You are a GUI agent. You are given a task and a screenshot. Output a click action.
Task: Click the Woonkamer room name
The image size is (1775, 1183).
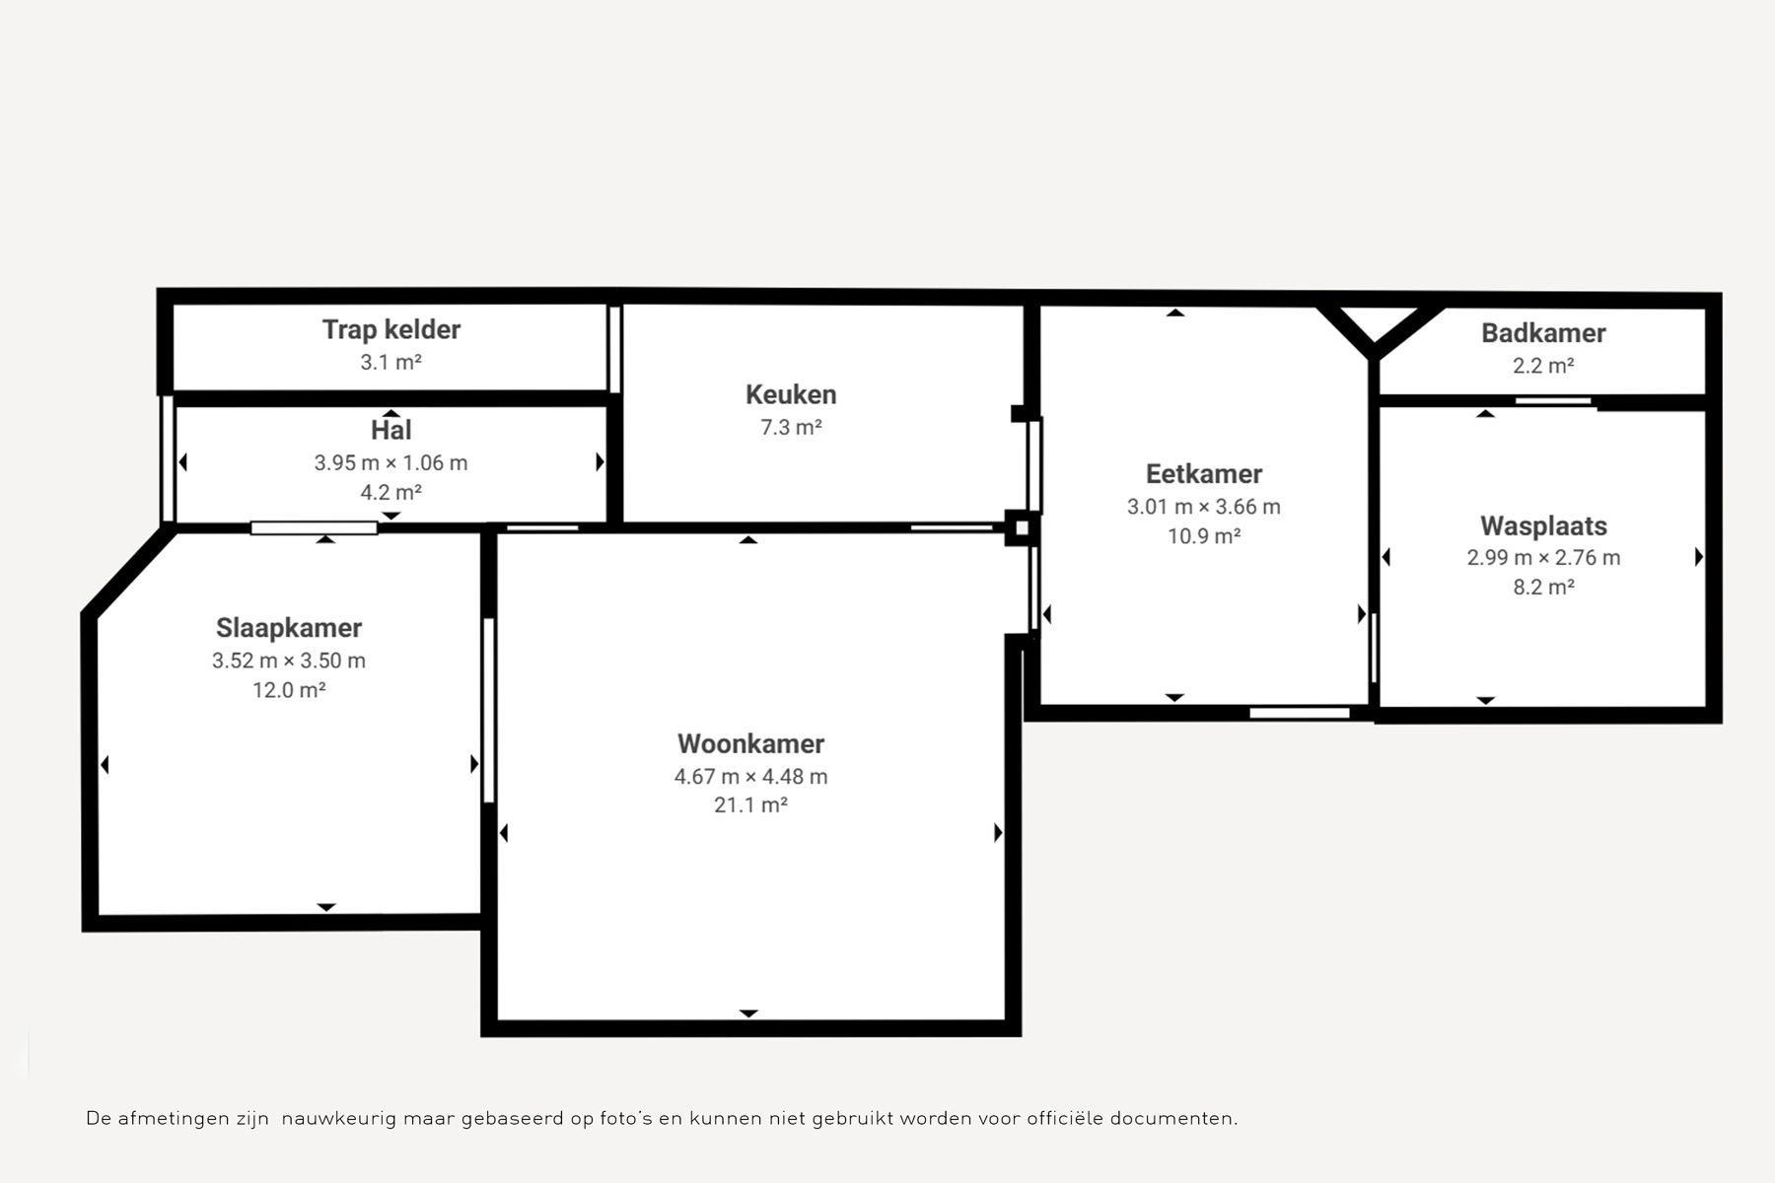coord(750,743)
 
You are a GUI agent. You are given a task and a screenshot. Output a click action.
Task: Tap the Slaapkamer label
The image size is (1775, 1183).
coord(289,628)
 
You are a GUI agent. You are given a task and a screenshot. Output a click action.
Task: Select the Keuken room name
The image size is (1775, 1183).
coord(791,394)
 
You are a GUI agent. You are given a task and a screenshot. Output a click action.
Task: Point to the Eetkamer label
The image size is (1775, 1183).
coord(1204,474)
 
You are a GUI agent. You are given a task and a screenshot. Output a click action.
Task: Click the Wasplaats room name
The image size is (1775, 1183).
coord(1543,526)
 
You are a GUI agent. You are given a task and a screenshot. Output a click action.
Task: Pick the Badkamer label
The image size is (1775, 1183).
coord(1543,333)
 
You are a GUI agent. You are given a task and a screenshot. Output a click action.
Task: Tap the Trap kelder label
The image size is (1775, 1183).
coord(391,329)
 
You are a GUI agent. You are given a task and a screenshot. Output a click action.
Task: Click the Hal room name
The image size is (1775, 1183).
coord(391,430)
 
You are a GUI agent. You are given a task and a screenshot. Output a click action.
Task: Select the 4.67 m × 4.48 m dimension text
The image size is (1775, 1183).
coord(750,777)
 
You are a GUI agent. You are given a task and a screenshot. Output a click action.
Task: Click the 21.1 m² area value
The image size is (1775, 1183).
coord(750,805)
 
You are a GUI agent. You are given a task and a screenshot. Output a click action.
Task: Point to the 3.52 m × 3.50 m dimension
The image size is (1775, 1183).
coord(289,661)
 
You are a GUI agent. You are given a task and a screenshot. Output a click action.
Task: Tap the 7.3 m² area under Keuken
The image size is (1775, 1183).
coord(791,427)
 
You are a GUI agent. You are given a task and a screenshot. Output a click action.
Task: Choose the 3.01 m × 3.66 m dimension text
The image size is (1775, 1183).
coord(1204,507)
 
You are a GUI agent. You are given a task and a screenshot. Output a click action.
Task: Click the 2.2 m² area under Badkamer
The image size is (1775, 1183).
coord(1543,366)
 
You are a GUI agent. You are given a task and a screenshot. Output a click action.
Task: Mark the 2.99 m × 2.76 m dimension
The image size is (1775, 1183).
coord(1543,558)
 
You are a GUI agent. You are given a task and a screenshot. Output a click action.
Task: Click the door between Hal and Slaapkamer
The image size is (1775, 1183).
coord(314,528)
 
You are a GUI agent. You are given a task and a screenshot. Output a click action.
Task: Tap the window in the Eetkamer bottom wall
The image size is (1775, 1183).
coord(1300,713)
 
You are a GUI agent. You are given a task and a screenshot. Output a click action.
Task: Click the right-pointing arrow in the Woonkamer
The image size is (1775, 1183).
coord(998,833)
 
